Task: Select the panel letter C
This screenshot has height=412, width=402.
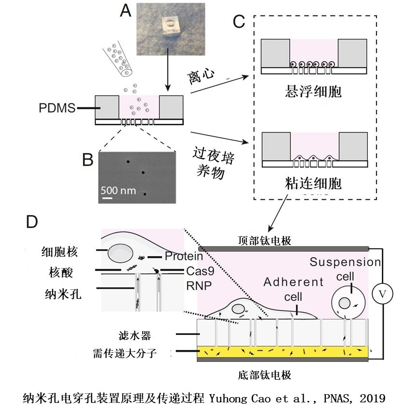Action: (x=240, y=20)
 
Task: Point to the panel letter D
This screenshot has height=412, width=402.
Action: (x=32, y=221)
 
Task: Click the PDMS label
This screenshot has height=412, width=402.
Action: (x=57, y=108)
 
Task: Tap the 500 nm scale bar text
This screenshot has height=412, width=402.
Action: (x=118, y=190)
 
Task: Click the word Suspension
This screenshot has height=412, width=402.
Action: (x=345, y=262)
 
